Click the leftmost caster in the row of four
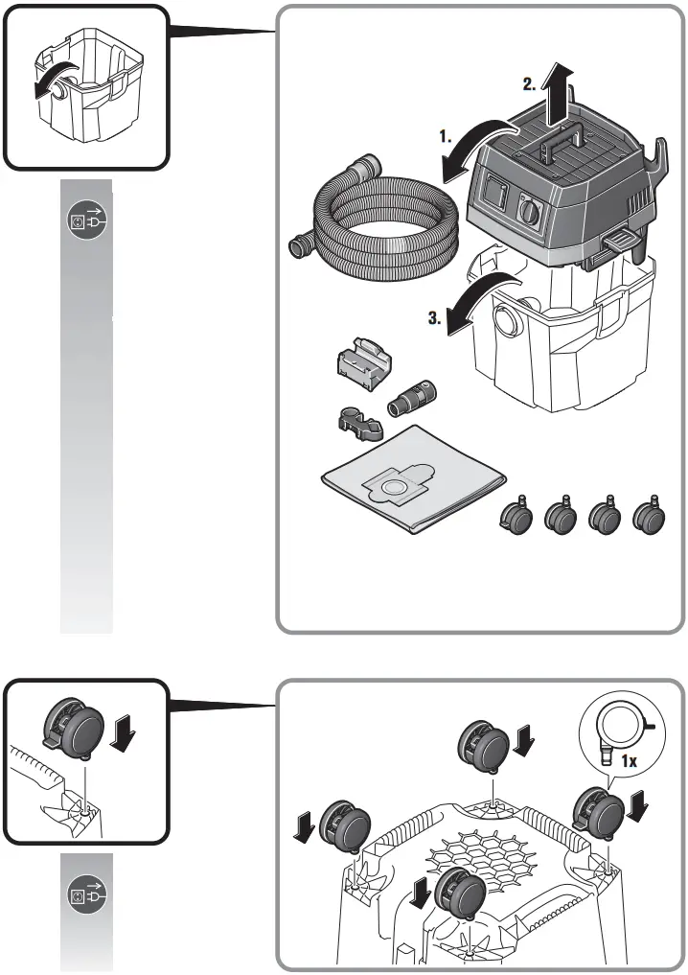518,518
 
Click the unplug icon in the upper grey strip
87,222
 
